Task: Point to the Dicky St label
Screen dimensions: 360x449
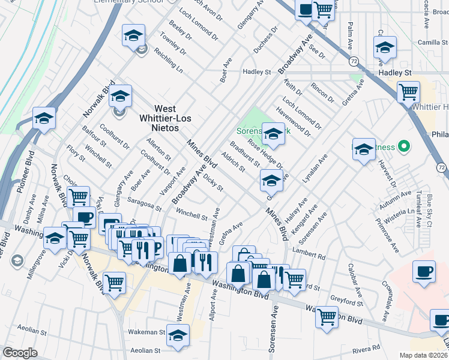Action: [x=213, y=182]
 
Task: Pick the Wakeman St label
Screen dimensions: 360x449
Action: [x=146, y=331]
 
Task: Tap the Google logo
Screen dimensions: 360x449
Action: [x=20, y=353]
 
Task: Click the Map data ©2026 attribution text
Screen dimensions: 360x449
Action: [x=424, y=355]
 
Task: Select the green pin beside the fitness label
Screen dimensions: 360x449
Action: [x=404, y=146]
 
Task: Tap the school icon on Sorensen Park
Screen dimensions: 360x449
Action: [x=273, y=134]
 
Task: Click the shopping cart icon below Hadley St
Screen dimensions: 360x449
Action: [x=408, y=92]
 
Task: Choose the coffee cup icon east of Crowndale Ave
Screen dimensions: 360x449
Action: [x=424, y=271]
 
